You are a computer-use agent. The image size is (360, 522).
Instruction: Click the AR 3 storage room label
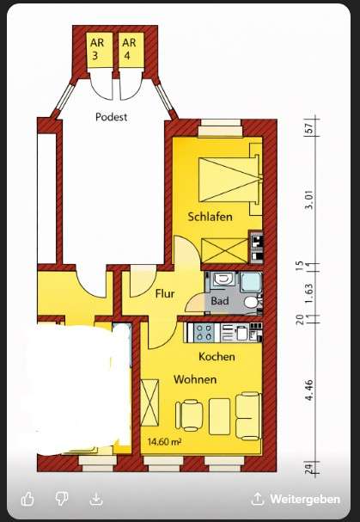[97, 49]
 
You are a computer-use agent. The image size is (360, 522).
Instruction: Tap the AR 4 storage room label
[129, 49]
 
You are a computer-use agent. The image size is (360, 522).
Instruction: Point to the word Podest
[111, 117]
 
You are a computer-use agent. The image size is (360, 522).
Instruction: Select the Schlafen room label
[210, 217]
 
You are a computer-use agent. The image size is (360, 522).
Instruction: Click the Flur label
[165, 293]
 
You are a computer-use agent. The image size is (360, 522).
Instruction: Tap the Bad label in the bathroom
[220, 301]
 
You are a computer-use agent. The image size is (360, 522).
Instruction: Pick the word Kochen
[217, 357]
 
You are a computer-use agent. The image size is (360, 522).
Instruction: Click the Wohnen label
[195, 379]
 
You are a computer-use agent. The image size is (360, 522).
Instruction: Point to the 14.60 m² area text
[164, 442]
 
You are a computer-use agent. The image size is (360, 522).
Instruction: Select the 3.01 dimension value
[309, 200]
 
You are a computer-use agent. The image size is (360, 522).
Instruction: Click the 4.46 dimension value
[309, 390]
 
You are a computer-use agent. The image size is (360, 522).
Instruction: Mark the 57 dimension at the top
[309, 128]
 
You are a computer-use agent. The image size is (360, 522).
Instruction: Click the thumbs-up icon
[27, 499]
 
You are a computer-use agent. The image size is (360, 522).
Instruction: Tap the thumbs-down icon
[62, 499]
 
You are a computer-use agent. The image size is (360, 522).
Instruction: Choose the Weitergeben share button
[296, 499]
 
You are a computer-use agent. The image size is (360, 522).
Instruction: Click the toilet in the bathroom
[252, 303]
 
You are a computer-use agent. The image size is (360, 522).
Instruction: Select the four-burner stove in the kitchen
[204, 332]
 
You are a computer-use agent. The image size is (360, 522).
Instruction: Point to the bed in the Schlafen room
[229, 180]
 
